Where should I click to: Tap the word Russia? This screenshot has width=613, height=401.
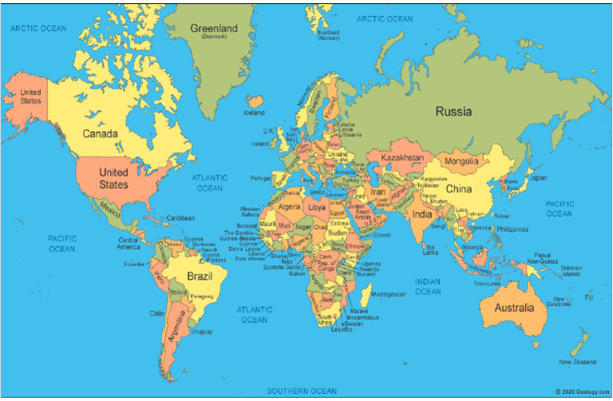(x=453, y=112)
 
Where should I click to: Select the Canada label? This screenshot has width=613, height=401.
(x=100, y=133)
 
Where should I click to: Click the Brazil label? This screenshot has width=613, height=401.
(x=200, y=277)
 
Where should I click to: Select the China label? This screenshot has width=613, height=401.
(x=459, y=189)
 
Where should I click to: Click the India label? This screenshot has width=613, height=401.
(x=421, y=214)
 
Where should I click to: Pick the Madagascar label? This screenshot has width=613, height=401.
(x=389, y=294)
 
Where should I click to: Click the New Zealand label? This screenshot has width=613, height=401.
(x=576, y=362)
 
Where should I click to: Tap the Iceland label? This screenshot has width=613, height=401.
(x=254, y=113)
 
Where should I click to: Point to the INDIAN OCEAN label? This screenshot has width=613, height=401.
(x=428, y=286)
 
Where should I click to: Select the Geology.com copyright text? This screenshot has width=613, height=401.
(x=582, y=391)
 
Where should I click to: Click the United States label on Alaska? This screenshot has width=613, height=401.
(x=30, y=96)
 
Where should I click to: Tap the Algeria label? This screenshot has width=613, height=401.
(x=288, y=206)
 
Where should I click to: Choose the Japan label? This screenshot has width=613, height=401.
(x=539, y=178)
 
